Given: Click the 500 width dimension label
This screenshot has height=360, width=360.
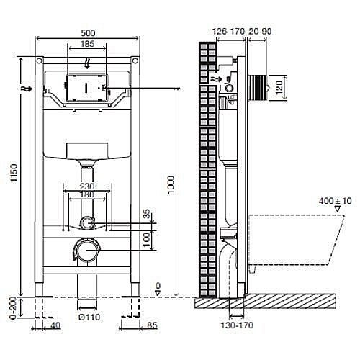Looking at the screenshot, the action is tap(88, 33).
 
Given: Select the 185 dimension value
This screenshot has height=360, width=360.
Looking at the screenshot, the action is tap(87, 44).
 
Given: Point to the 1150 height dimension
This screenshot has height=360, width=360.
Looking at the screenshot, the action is tap(14, 173).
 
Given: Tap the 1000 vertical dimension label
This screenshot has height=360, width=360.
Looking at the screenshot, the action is tap(171, 185).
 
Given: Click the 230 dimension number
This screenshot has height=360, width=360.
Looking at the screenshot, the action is tap(87, 186).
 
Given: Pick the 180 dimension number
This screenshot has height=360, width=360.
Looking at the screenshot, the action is tap(87, 194).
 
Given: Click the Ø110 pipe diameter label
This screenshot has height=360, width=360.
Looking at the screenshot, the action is tap(89, 317).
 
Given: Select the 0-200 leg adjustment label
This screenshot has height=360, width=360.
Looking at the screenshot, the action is tap(13, 308).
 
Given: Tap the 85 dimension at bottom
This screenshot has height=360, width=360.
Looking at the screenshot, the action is tap(152, 325).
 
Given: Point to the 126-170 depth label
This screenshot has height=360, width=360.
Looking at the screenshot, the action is tap(228, 31).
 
